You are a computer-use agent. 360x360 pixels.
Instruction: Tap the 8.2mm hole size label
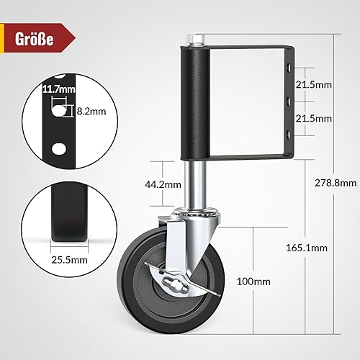click(86, 112)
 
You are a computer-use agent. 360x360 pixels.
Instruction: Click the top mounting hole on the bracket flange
click(289, 68)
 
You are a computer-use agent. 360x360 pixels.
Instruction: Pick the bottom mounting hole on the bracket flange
click(289, 134)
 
